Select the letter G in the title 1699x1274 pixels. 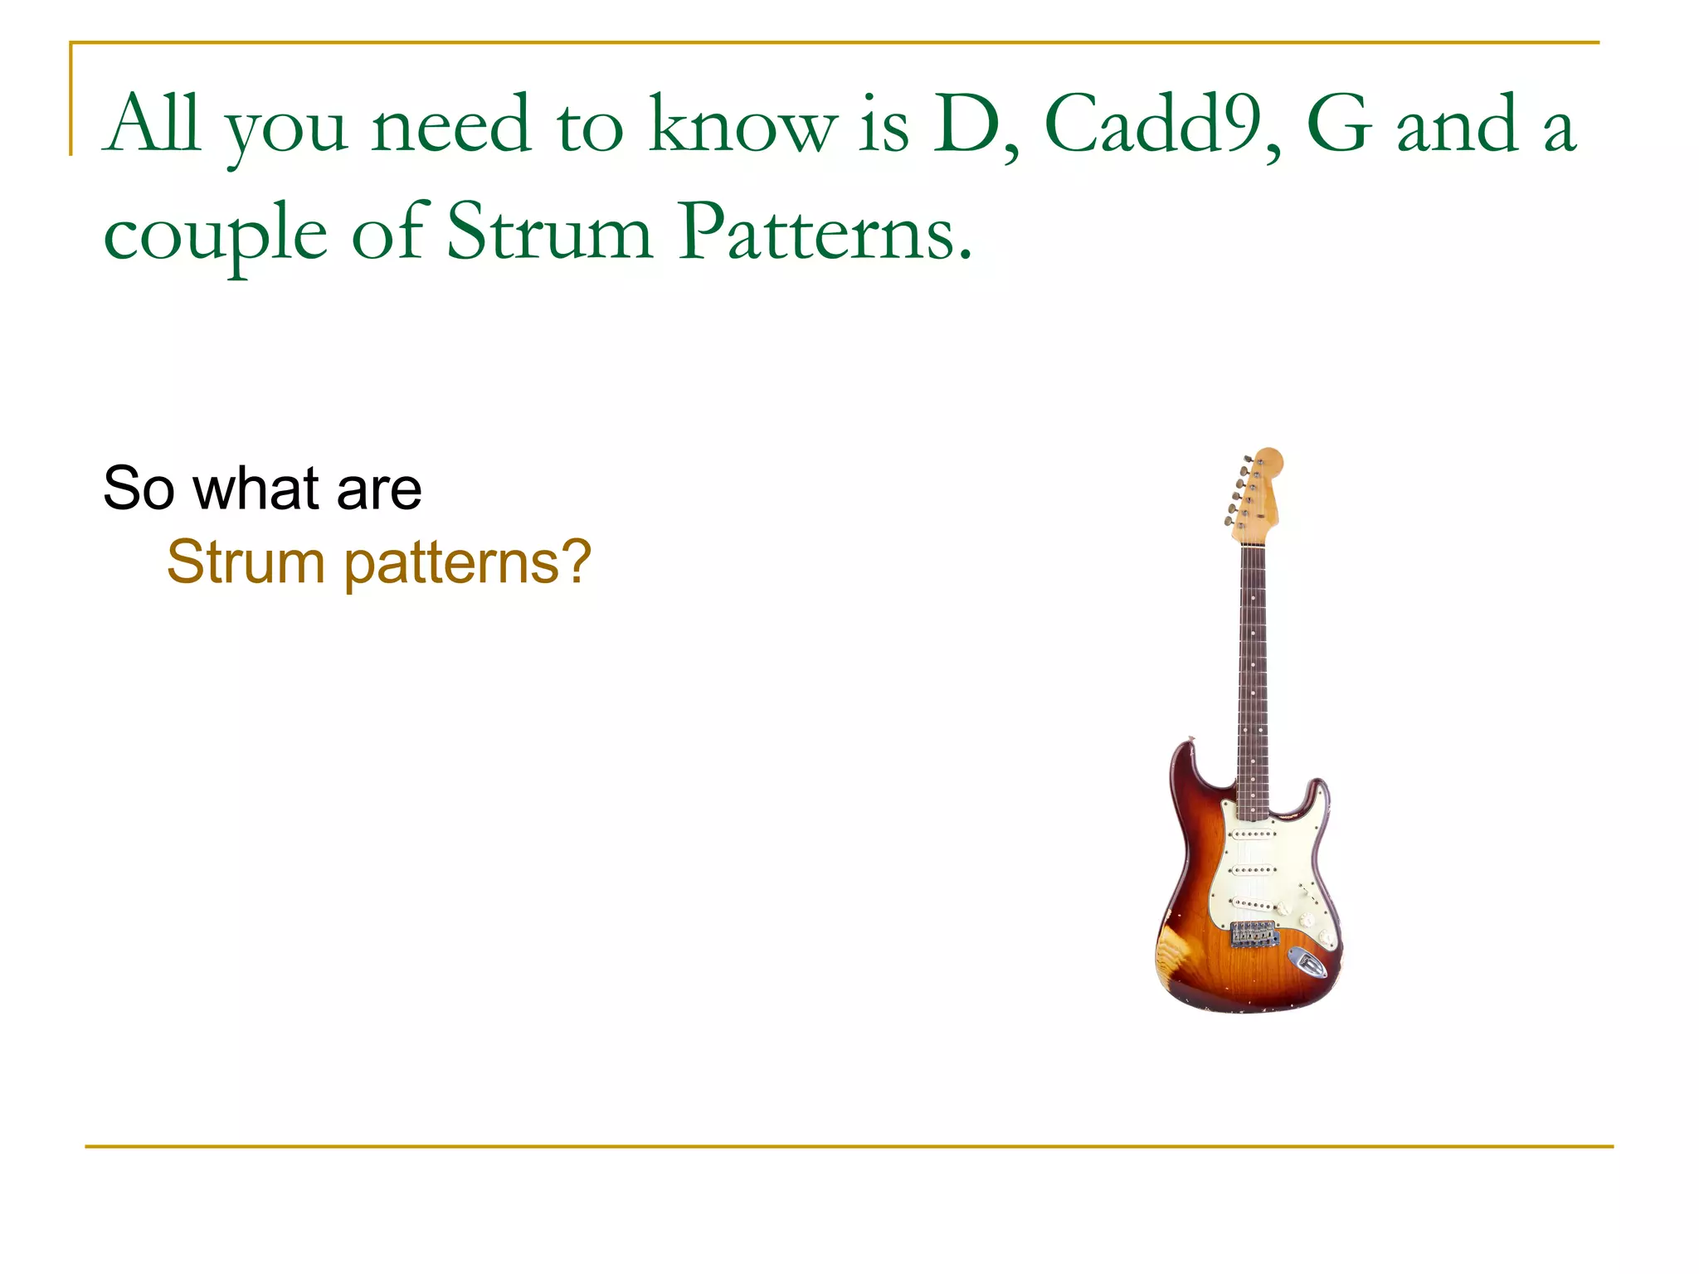tap(1337, 124)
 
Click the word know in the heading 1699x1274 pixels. tap(742, 124)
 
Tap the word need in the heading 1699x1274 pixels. tap(450, 124)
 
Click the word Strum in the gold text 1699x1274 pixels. tap(245, 562)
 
